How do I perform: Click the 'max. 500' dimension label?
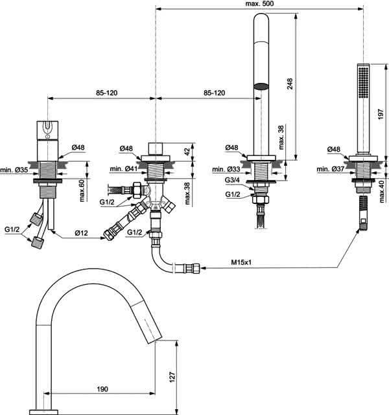pos(259,3)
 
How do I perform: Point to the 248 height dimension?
pos(290,84)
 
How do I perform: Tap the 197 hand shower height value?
pos(381,113)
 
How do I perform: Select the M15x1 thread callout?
pos(241,262)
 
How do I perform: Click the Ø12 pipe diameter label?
pos(81,233)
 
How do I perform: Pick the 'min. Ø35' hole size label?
pos(14,170)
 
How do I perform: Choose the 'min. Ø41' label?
pos(124,168)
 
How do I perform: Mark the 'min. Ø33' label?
pos(226,169)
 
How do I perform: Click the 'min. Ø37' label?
pos(331,169)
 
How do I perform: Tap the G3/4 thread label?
pos(232,180)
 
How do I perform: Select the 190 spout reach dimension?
pos(102,389)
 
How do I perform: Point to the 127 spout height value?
pos(172,377)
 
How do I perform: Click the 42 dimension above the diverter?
pos(187,151)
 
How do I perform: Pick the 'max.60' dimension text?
pos(82,190)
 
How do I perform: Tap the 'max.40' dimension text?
pos(382,192)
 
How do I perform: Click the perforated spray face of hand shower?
pos(363,83)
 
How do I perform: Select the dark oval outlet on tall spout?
pos(261,86)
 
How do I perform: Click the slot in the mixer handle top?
pos(48,126)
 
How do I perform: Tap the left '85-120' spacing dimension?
pos(106,93)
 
